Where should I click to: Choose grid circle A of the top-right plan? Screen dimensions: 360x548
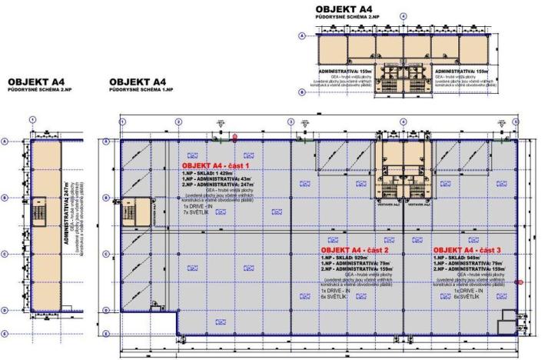[302, 35]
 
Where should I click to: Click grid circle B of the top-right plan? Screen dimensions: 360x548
[302, 92]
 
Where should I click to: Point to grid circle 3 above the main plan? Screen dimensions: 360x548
[291, 122]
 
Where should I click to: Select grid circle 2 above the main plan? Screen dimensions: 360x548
[178, 122]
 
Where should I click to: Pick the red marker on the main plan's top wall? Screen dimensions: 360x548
[234, 137]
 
